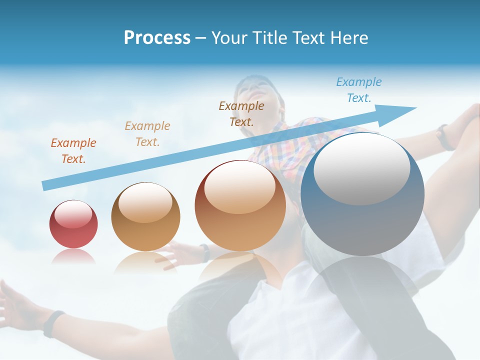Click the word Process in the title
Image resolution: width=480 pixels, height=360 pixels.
157,38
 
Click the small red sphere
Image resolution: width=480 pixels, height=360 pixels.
73,224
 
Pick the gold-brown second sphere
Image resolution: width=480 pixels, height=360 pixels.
145,217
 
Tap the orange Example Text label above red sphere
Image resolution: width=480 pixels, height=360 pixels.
73,151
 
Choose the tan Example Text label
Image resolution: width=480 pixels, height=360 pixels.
147,134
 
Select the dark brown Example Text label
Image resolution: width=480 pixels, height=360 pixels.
241,113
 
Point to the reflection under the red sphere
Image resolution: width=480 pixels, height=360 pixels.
73,256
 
